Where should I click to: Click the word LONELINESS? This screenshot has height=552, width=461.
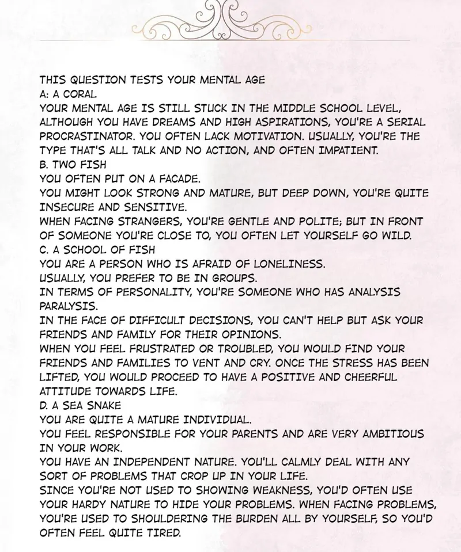(285, 263)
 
